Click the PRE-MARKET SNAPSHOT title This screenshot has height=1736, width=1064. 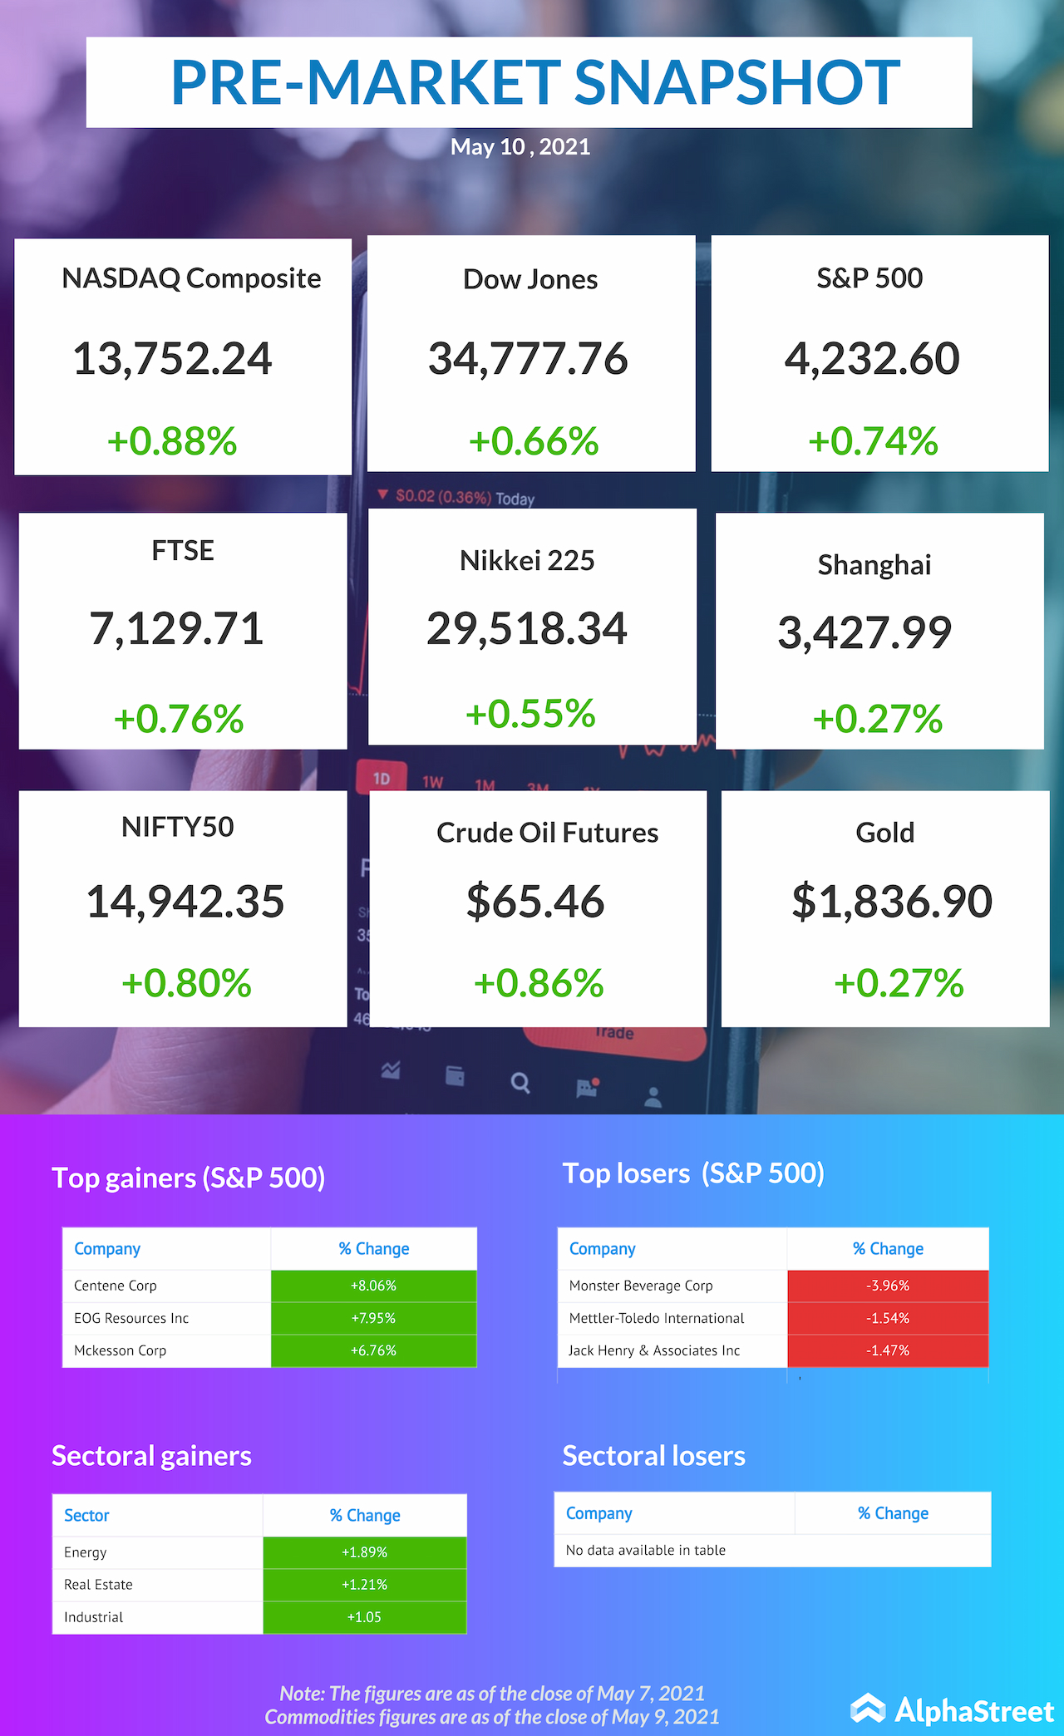pos(534,82)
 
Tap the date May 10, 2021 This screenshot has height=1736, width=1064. pos(520,147)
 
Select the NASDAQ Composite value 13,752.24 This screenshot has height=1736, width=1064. pos(173,359)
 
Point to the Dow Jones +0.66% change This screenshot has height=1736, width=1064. pos(534,441)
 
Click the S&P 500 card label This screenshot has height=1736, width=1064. pos(869,278)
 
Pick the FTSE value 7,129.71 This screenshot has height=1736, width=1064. pos(176,628)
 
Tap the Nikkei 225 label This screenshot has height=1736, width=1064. pos(527,561)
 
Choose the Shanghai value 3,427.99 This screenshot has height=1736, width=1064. pos(864,632)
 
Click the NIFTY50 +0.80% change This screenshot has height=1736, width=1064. pos(186,983)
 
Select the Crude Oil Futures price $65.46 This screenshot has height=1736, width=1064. pos(535,902)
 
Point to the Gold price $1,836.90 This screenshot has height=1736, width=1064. pos(892,902)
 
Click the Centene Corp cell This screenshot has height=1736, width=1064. pos(116,1286)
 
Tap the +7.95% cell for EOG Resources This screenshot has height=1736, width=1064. pos(373,1318)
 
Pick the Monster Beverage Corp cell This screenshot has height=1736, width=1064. pos(641,1286)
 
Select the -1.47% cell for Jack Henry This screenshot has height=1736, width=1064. pos(888,1350)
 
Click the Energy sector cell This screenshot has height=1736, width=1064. pos(86,1552)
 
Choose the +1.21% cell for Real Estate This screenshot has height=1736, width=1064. pos(365,1585)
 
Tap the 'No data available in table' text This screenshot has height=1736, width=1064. pos(646,1550)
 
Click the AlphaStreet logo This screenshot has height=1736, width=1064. pos(953,1710)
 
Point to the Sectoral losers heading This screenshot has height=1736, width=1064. pos(654,1456)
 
